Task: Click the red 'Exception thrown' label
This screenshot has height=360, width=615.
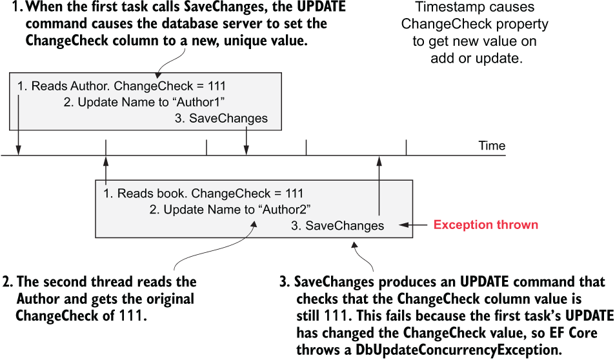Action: pyautogui.click(x=485, y=225)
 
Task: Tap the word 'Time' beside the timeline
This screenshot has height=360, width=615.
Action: pyautogui.click(x=492, y=146)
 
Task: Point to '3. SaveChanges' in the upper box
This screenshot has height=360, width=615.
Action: pyautogui.click(x=221, y=119)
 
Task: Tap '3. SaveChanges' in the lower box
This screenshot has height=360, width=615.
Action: pyautogui.click(x=338, y=226)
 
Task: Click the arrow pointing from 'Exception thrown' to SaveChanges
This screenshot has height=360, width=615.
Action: pyautogui.click(x=413, y=225)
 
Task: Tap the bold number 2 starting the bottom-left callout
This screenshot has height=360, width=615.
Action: pyautogui.click(x=8, y=282)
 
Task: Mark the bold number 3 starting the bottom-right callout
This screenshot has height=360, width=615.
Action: pyautogui.click(x=285, y=282)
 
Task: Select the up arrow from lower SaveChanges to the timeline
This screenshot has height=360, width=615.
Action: pyautogui.click(x=379, y=186)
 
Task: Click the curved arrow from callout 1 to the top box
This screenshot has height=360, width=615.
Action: pyautogui.click(x=170, y=62)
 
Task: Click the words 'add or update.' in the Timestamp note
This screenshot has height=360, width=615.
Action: pyautogui.click(x=476, y=59)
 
